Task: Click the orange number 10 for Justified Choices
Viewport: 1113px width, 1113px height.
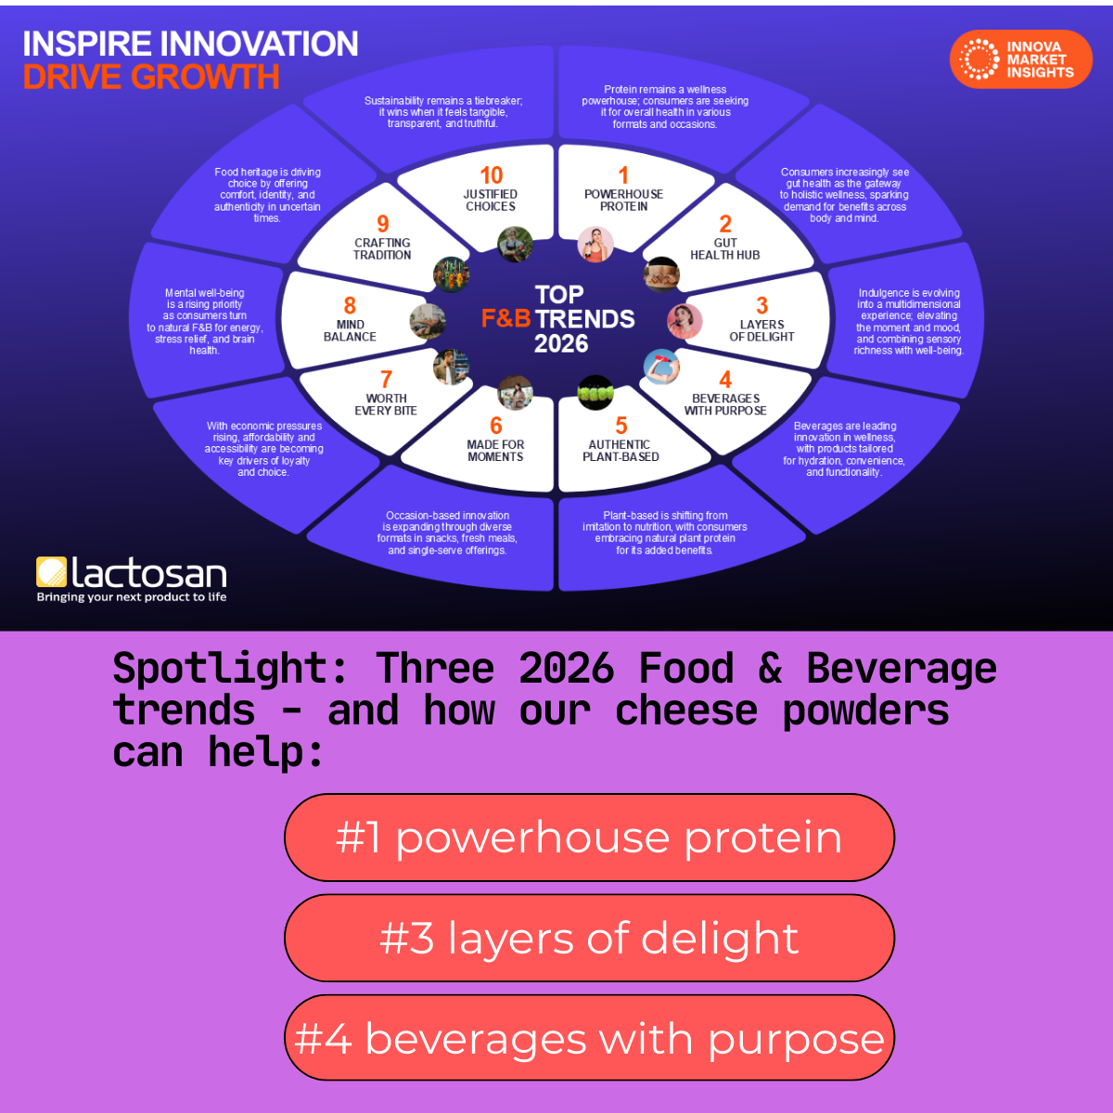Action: click(x=491, y=175)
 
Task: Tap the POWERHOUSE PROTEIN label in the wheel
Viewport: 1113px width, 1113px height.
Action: click(x=623, y=200)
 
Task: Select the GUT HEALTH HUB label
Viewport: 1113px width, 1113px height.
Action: click(x=724, y=249)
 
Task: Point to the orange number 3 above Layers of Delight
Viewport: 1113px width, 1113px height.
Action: click(x=761, y=306)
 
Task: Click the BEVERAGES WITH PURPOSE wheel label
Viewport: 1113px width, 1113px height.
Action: click(x=725, y=404)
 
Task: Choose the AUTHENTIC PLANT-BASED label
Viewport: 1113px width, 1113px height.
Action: click(x=620, y=451)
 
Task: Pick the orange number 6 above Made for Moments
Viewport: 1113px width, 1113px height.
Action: click(x=495, y=426)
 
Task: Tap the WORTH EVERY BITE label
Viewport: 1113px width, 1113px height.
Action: click(x=386, y=404)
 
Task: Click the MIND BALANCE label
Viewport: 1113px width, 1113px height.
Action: click(x=350, y=331)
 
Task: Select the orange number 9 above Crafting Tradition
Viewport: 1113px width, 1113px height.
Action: click(x=382, y=224)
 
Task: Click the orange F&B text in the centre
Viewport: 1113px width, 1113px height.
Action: click(x=505, y=319)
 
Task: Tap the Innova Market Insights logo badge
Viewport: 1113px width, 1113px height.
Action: click(x=1021, y=59)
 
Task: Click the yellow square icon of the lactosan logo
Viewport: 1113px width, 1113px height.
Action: click(x=51, y=572)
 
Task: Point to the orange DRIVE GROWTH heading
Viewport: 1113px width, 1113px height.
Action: click(x=151, y=77)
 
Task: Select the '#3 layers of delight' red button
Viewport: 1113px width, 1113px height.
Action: click(x=589, y=938)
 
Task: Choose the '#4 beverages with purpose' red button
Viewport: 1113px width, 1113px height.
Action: click(x=589, y=1038)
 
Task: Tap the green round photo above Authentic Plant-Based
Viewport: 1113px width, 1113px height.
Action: click(x=595, y=392)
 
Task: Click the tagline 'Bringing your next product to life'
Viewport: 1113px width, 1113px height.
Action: click(x=132, y=597)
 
